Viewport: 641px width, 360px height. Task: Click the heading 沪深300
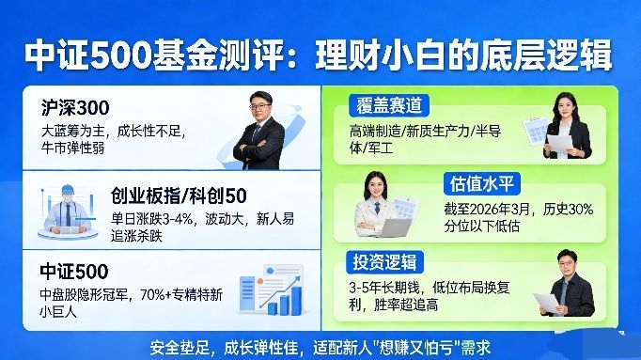click(x=75, y=108)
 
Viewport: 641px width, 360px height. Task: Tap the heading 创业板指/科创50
click(x=179, y=196)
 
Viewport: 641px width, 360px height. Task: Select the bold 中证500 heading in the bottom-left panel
click(x=74, y=272)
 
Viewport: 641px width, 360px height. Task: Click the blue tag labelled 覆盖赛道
click(x=389, y=106)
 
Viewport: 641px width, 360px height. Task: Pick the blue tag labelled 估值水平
click(x=482, y=183)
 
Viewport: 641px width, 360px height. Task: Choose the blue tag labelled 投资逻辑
click(x=384, y=262)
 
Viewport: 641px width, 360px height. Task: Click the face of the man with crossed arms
click(x=260, y=106)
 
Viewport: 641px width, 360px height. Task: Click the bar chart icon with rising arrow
click(x=272, y=290)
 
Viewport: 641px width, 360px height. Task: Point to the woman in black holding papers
click(x=568, y=126)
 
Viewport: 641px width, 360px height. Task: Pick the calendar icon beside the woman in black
click(x=535, y=131)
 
